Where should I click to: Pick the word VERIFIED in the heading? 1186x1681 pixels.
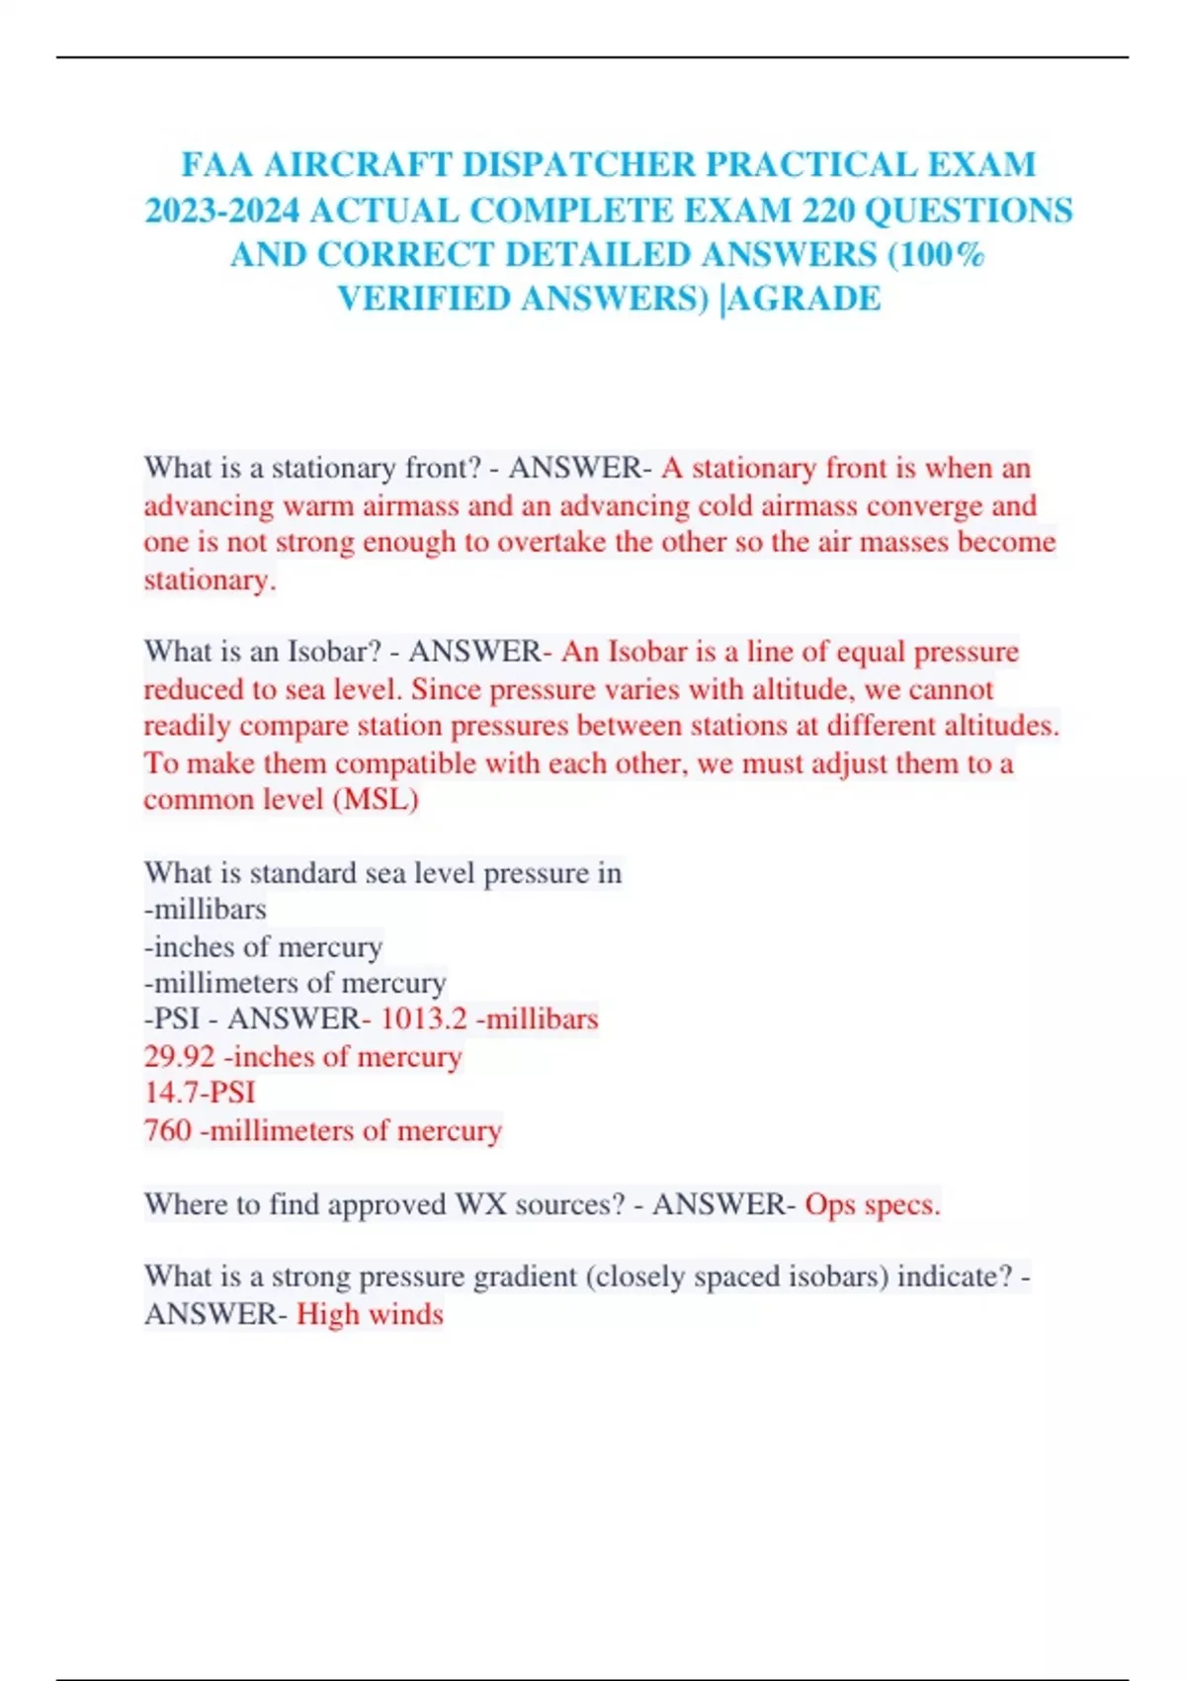point(423,299)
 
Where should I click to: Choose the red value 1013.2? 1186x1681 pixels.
point(423,1018)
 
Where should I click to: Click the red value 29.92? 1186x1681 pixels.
point(179,1056)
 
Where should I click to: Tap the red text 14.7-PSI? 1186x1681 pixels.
point(200,1093)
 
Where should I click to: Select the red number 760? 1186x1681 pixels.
point(167,1129)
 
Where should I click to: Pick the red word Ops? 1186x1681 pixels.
point(830,1204)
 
